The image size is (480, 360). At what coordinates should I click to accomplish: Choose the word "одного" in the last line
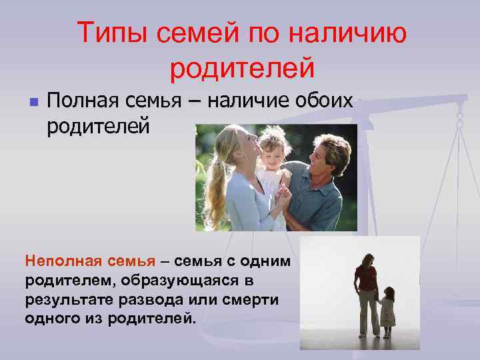pos(50,317)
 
